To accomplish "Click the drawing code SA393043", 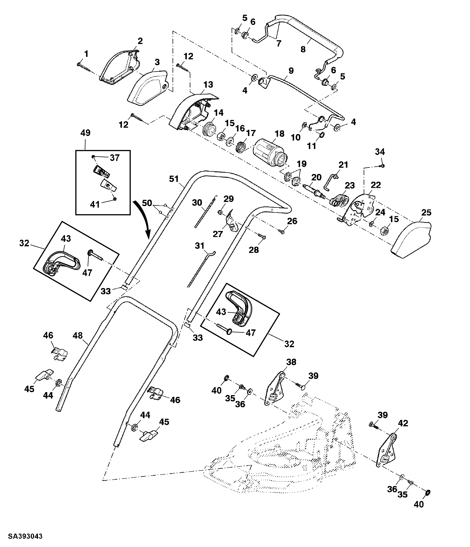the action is point(25,536).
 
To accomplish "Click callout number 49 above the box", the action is point(85,133).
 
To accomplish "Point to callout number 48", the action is point(78,336).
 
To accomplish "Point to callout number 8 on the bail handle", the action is point(303,49).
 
